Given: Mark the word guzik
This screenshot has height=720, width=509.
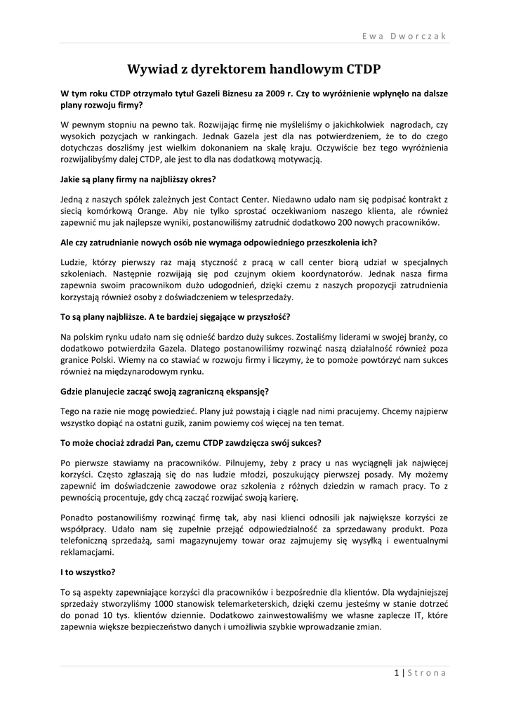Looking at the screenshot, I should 183,423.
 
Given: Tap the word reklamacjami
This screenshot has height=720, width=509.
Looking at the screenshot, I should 87,553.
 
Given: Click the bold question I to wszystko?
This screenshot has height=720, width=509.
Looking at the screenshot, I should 88,572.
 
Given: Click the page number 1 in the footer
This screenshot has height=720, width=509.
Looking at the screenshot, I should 397,673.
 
